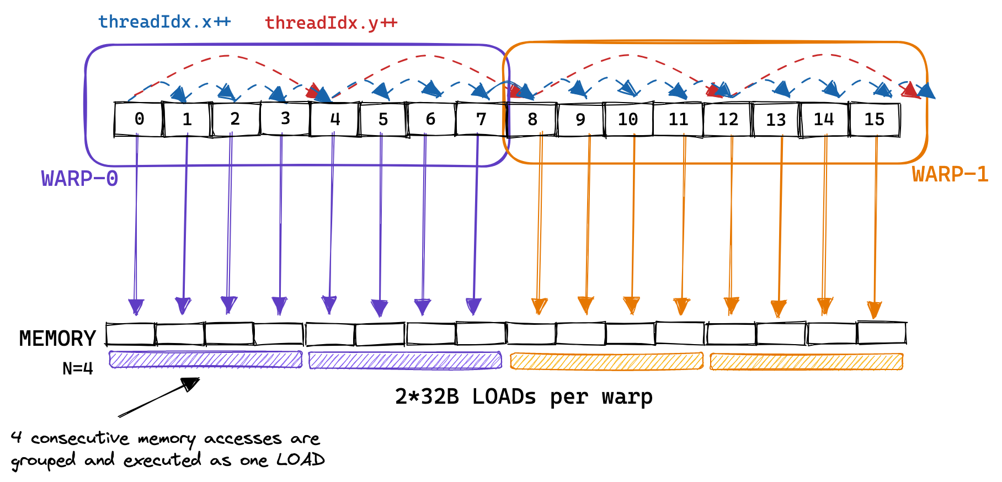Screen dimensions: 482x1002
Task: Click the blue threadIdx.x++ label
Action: (x=164, y=22)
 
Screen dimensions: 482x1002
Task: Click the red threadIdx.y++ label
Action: (x=331, y=23)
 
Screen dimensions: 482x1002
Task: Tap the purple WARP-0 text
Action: (x=79, y=179)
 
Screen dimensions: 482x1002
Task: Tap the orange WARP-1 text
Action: (x=950, y=174)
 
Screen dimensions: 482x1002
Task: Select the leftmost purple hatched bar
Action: (x=206, y=360)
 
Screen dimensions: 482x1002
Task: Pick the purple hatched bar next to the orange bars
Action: (x=405, y=361)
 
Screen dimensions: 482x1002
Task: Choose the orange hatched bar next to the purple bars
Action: (x=606, y=361)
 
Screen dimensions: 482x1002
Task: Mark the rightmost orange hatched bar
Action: (x=806, y=362)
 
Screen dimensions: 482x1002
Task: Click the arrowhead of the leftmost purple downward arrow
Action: (x=136, y=306)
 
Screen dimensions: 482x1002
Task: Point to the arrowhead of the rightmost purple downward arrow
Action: (x=473, y=306)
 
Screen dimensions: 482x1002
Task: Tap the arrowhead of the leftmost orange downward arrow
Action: (x=539, y=306)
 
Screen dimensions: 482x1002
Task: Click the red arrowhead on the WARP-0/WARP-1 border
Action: (x=515, y=92)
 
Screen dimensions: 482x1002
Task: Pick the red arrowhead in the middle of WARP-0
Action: (x=313, y=92)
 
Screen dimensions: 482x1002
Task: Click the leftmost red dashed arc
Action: (x=225, y=56)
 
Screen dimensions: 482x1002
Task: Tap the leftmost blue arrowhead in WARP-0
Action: (x=179, y=94)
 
